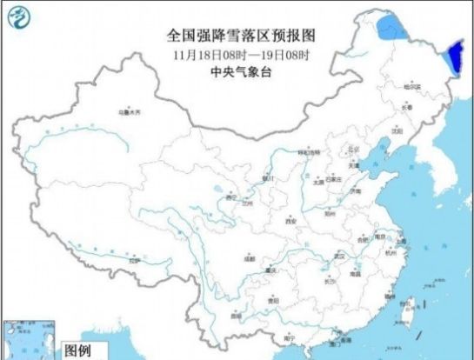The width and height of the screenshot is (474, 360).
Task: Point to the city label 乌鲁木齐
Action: pos(129,113)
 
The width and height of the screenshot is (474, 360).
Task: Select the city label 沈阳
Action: pos(397,131)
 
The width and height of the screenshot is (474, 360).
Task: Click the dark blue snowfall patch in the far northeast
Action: pos(453,59)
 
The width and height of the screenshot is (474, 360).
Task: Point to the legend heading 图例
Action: pos(79,352)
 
